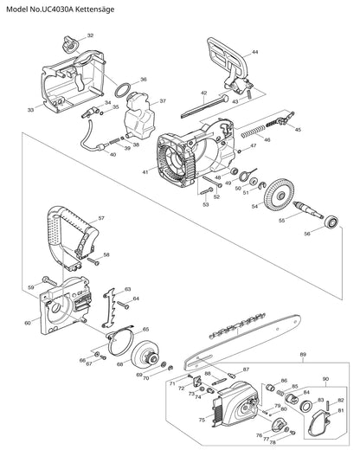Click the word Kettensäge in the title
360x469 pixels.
[94, 10]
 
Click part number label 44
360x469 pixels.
[254, 52]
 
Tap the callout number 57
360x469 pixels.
[101, 218]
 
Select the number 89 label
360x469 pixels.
[303, 355]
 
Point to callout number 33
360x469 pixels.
[30, 110]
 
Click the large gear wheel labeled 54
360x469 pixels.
[280, 195]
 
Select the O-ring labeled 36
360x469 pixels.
[123, 90]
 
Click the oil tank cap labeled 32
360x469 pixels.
[71, 45]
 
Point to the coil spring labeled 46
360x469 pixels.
[254, 132]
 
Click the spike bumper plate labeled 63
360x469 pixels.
[109, 308]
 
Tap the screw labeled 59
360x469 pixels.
[49, 281]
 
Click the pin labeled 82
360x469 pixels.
[329, 405]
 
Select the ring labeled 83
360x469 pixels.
[306, 407]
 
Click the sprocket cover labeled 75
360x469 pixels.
[235, 404]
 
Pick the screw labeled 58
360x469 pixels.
[93, 261]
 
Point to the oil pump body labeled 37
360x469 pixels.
[139, 115]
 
